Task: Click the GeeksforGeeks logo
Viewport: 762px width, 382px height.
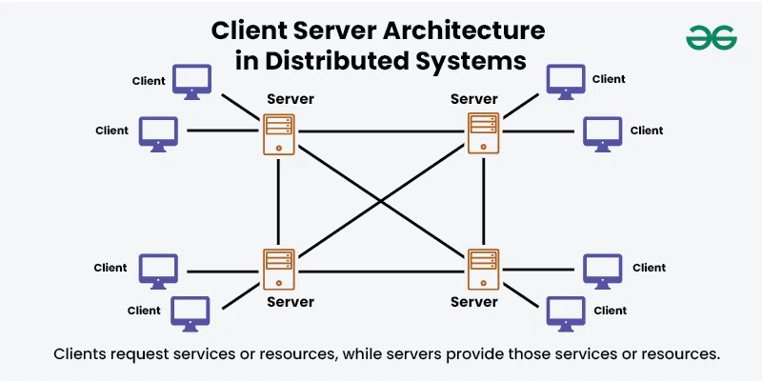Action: coord(711,37)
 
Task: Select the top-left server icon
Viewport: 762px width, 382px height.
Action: coord(279,133)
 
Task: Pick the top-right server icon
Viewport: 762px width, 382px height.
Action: coord(484,132)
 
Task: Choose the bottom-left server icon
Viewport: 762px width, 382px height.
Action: coord(279,270)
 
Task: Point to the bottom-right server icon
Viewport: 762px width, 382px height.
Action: coord(484,270)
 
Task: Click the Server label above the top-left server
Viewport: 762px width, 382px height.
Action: coord(291,99)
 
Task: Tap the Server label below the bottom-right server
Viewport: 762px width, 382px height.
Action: coord(474,302)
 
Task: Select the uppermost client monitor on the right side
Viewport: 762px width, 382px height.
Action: coord(565,81)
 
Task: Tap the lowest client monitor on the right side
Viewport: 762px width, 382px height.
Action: coord(565,311)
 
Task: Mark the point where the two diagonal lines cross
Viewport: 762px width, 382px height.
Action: coord(382,201)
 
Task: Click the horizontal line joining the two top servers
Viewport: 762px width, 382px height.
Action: coord(381,131)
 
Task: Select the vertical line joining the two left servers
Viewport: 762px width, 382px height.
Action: coord(279,201)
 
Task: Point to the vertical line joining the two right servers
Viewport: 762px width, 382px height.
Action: coord(484,201)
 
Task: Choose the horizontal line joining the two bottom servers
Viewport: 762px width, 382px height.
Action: coord(381,271)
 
